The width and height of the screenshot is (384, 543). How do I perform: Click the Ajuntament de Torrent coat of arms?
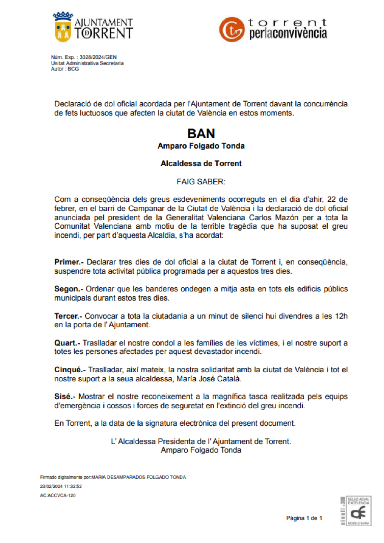(x=63, y=27)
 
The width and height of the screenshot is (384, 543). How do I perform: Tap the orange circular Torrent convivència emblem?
(x=232, y=29)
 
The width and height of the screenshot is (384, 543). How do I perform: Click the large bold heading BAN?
(x=201, y=134)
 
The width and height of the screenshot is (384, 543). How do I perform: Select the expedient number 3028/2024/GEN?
(x=98, y=57)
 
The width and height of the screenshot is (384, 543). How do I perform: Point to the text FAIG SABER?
(x=201, y=182)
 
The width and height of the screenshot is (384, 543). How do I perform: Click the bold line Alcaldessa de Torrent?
(x=201, y=163)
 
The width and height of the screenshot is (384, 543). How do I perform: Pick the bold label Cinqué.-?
(x=70, y=370)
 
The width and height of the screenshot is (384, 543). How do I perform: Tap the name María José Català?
(x=209, y=379)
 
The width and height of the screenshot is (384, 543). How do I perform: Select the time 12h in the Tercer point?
(x=341, y=316)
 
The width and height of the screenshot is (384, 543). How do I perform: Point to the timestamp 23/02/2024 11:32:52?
(x=61, y=486)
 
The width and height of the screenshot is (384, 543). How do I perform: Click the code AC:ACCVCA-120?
(x=58, y=495)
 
